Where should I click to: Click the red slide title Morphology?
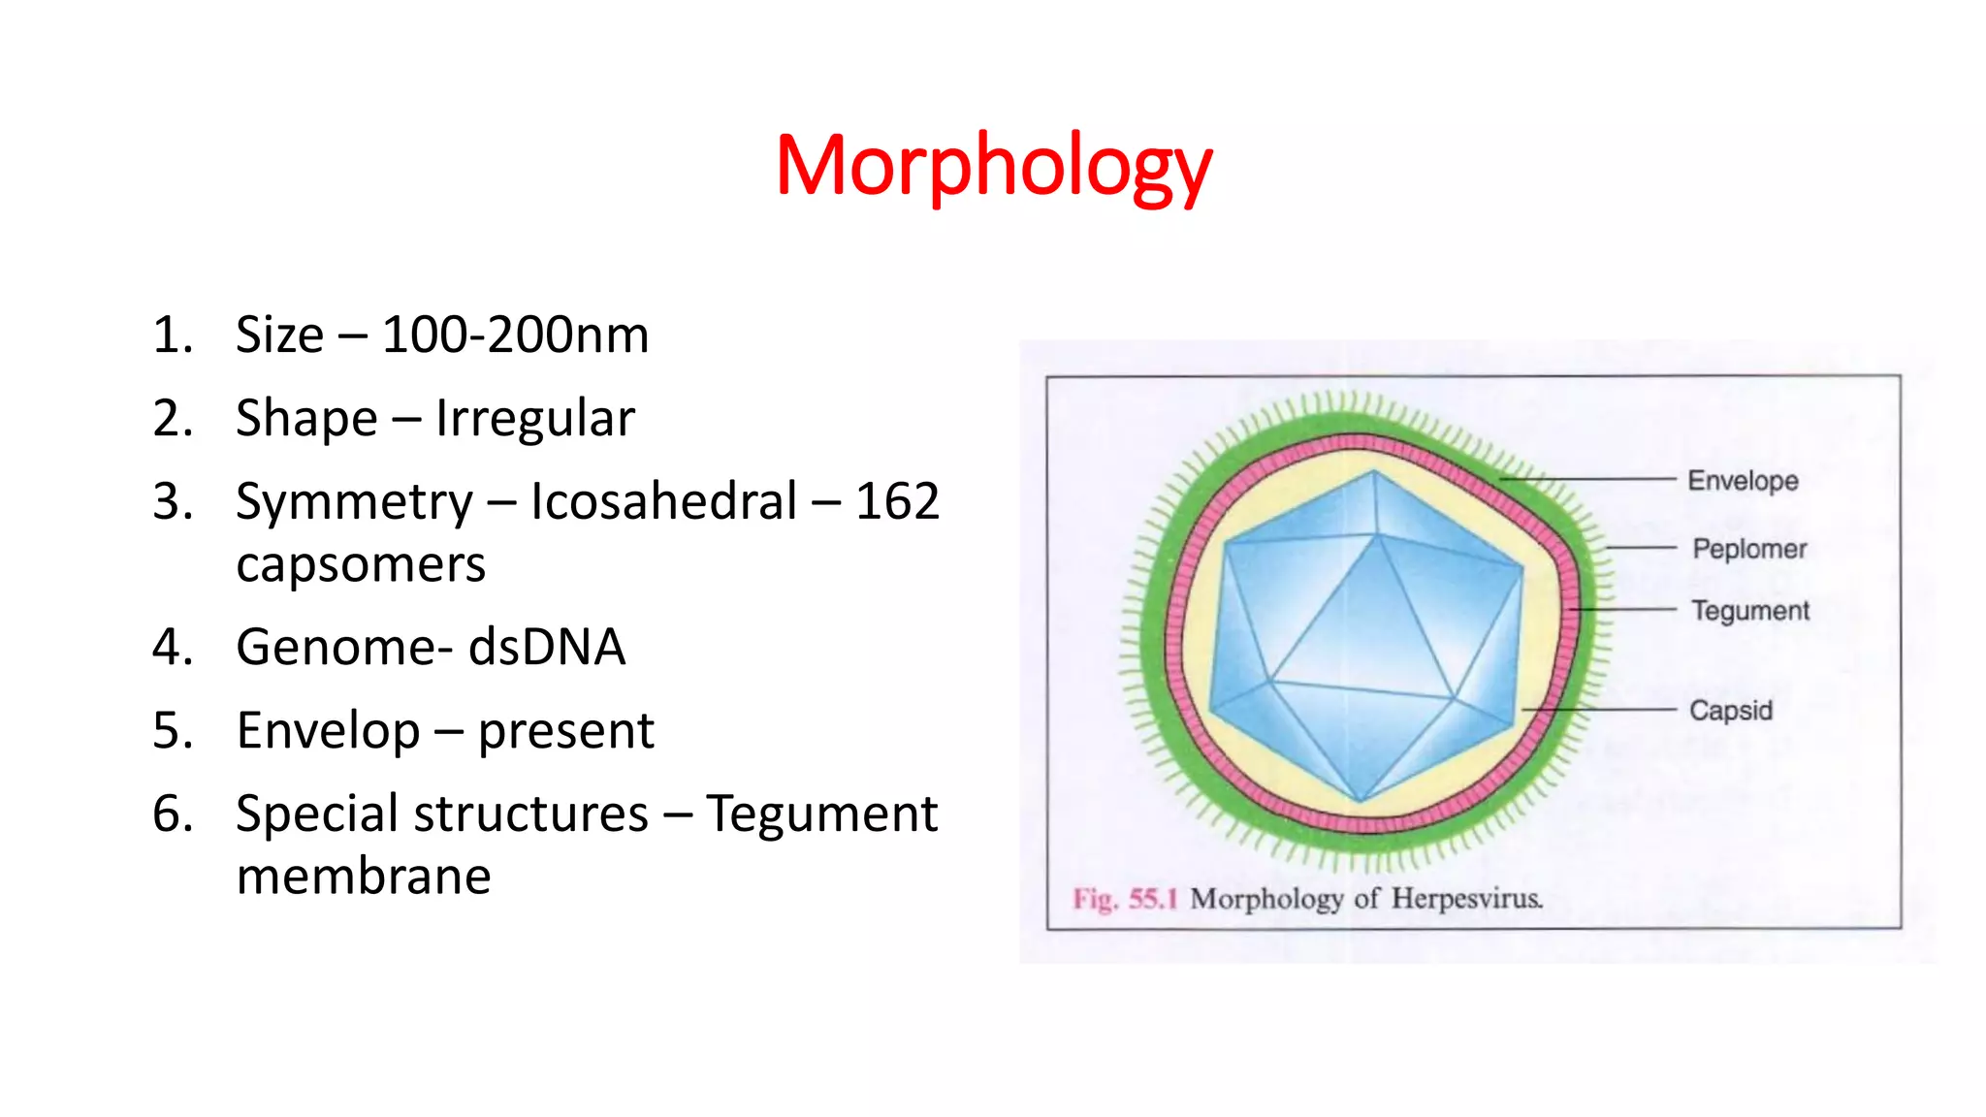point(993,167)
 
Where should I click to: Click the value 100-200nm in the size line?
point(515,335)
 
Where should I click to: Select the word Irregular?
point(534,419)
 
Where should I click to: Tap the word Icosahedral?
point(663,502)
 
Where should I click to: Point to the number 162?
point(897,502)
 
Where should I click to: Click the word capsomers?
point(360,565)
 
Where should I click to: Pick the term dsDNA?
point(547,648)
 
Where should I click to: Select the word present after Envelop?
point(565,731)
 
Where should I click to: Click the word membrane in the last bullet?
point(364,877)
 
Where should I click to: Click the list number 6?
point(172,814)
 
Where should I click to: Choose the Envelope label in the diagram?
point(1743,481)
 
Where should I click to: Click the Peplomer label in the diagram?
point(1749,549)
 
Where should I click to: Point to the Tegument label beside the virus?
point(1750,611)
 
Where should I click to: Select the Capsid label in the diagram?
point(1731,711)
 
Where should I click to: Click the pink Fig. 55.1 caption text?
point(1124,899)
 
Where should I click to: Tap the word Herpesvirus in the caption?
point(1466,899)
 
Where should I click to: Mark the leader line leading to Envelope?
point(1590,479)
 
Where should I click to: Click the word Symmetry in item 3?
point(354,502)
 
